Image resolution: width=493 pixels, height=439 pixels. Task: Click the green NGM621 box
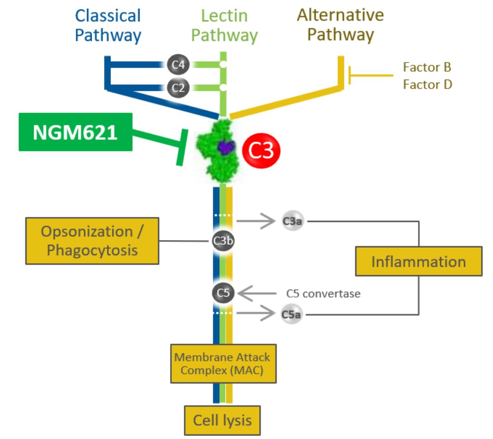point(75,132)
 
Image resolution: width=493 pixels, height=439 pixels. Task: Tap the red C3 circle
point(261,151)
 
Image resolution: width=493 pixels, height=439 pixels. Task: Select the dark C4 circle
point(178,65)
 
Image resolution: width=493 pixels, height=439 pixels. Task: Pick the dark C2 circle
point(178,88)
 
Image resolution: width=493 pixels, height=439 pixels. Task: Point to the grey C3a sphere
point(293,221)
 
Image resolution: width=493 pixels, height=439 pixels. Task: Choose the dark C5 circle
point(223,293)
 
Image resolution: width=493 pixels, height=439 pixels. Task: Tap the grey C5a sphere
point(291,315)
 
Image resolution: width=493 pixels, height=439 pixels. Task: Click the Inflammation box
point(418,261)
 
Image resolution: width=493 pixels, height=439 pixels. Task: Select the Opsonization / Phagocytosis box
point(92,240)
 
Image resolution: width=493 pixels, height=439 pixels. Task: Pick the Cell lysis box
point(222,420)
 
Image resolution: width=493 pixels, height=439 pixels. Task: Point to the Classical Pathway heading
point(108,26)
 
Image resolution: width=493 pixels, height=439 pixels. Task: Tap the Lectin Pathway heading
point(224,26)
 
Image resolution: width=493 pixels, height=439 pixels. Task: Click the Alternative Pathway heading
point(341,25)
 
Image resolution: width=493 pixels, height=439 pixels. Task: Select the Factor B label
point(427,67)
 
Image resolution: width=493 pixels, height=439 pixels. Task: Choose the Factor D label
point(427,84)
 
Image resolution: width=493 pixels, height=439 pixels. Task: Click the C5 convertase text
point(323,294)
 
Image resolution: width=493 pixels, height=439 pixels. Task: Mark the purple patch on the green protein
point(225,147)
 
